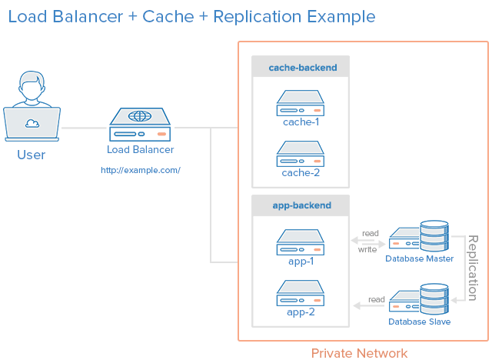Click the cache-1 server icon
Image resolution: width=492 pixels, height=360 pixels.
(x=301, y=103)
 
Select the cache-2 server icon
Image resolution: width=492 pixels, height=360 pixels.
(x=301, y=154)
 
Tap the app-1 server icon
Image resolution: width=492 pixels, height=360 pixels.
(x=301, y=242)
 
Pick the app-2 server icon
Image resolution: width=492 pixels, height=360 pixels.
(x=301, y=293)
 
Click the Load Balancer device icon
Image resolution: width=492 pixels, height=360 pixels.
(x=140, y=125)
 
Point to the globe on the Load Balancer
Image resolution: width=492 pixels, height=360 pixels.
(x=140, y=116)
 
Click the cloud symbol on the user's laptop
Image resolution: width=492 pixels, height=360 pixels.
(x=32, y=124)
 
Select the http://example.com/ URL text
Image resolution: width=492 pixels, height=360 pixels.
(x=141, y=170)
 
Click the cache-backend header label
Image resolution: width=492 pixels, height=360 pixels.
(x=303, y=68)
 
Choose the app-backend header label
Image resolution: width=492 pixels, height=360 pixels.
(x=302, y=205)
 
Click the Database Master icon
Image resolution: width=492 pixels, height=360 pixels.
(x=419, y=236)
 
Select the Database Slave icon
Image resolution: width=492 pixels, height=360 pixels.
(x=419, y=299)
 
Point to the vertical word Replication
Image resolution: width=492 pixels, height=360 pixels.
(x=473, y=268)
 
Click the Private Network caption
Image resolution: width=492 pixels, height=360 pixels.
(x=359, y=353)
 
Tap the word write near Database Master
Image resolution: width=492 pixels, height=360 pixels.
(x=367, y=249)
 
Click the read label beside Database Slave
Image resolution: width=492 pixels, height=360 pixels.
(x=377, y=299)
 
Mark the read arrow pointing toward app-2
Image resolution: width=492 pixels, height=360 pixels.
(x=368, y=305)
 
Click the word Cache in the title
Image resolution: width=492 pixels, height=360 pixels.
(x=168, y=16)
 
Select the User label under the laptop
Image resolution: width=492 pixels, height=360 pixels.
(x=32, y=155)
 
